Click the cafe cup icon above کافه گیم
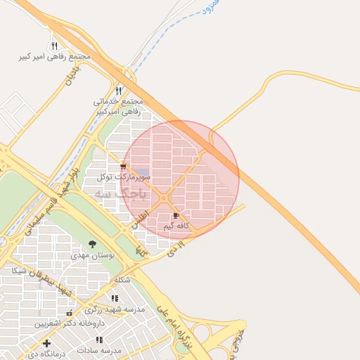click(x=175, y=215)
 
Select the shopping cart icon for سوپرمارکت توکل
click(x=124, y=167)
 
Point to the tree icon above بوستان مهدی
click(x=92, y=244)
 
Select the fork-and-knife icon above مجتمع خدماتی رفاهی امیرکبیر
click(x=118, y=91)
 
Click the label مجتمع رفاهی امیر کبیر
click(x=63, y=56)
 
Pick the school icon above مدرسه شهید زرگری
click(x=115, y=298)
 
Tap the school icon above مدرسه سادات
click(x=98, y=340)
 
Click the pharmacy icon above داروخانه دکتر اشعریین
click(x=69, y=313)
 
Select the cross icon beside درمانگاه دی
click(x=46, y=344)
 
